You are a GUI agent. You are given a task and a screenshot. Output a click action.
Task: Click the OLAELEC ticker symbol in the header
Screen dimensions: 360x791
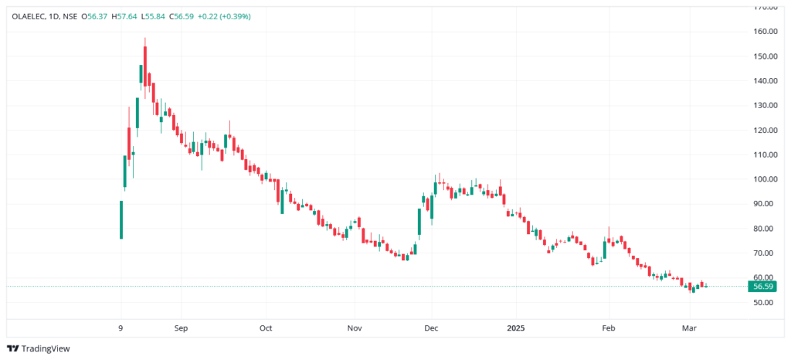[x=29, y=16]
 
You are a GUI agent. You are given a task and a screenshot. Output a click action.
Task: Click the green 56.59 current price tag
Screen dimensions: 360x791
[x=763, y=287]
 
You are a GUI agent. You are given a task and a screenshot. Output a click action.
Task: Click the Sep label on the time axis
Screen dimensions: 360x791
[x=181, y=328]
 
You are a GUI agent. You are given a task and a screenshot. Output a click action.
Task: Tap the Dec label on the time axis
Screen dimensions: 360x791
[x=431, y=328]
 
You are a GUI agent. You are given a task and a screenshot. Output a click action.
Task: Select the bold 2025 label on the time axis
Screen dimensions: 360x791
[x=516, y=328]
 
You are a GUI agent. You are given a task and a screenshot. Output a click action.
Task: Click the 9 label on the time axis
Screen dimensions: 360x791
[x=121, y=328]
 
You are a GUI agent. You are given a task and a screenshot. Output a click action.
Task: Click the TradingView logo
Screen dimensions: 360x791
[x=38, y=348]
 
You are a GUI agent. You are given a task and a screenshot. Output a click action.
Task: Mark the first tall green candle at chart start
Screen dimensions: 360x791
[x=121, y=220]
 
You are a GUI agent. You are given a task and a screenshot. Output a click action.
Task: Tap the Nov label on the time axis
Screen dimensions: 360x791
[x=354, y=328]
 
